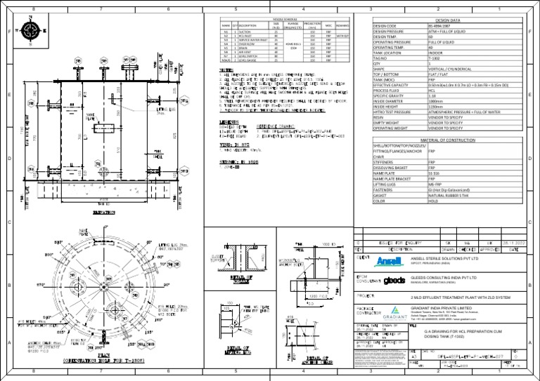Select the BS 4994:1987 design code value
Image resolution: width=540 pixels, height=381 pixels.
tap(442, 27)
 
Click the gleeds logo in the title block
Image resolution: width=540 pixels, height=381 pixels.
tap(396, 280)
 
